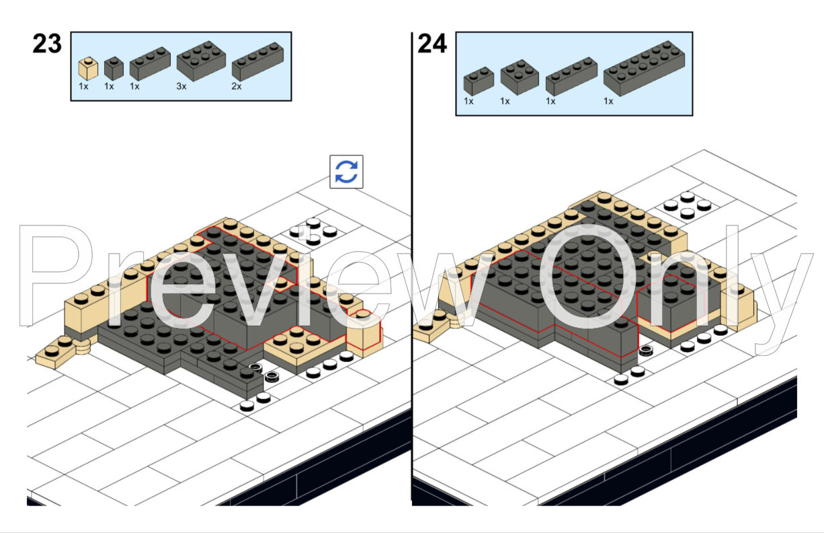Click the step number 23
47,44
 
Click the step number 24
432,44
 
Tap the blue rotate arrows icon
346,172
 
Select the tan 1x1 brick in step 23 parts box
88,69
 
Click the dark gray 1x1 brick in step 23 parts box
114,68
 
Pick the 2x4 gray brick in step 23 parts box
201,61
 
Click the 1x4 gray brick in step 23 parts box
257,61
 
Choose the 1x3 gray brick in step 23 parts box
150,63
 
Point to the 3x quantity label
181,87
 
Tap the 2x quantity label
237,87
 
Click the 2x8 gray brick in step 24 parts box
644,69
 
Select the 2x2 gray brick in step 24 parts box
520,77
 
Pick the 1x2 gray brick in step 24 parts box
479,81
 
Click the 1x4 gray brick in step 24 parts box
571,76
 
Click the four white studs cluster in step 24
687,205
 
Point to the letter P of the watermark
55,275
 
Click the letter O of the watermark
587,277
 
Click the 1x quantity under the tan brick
83,87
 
